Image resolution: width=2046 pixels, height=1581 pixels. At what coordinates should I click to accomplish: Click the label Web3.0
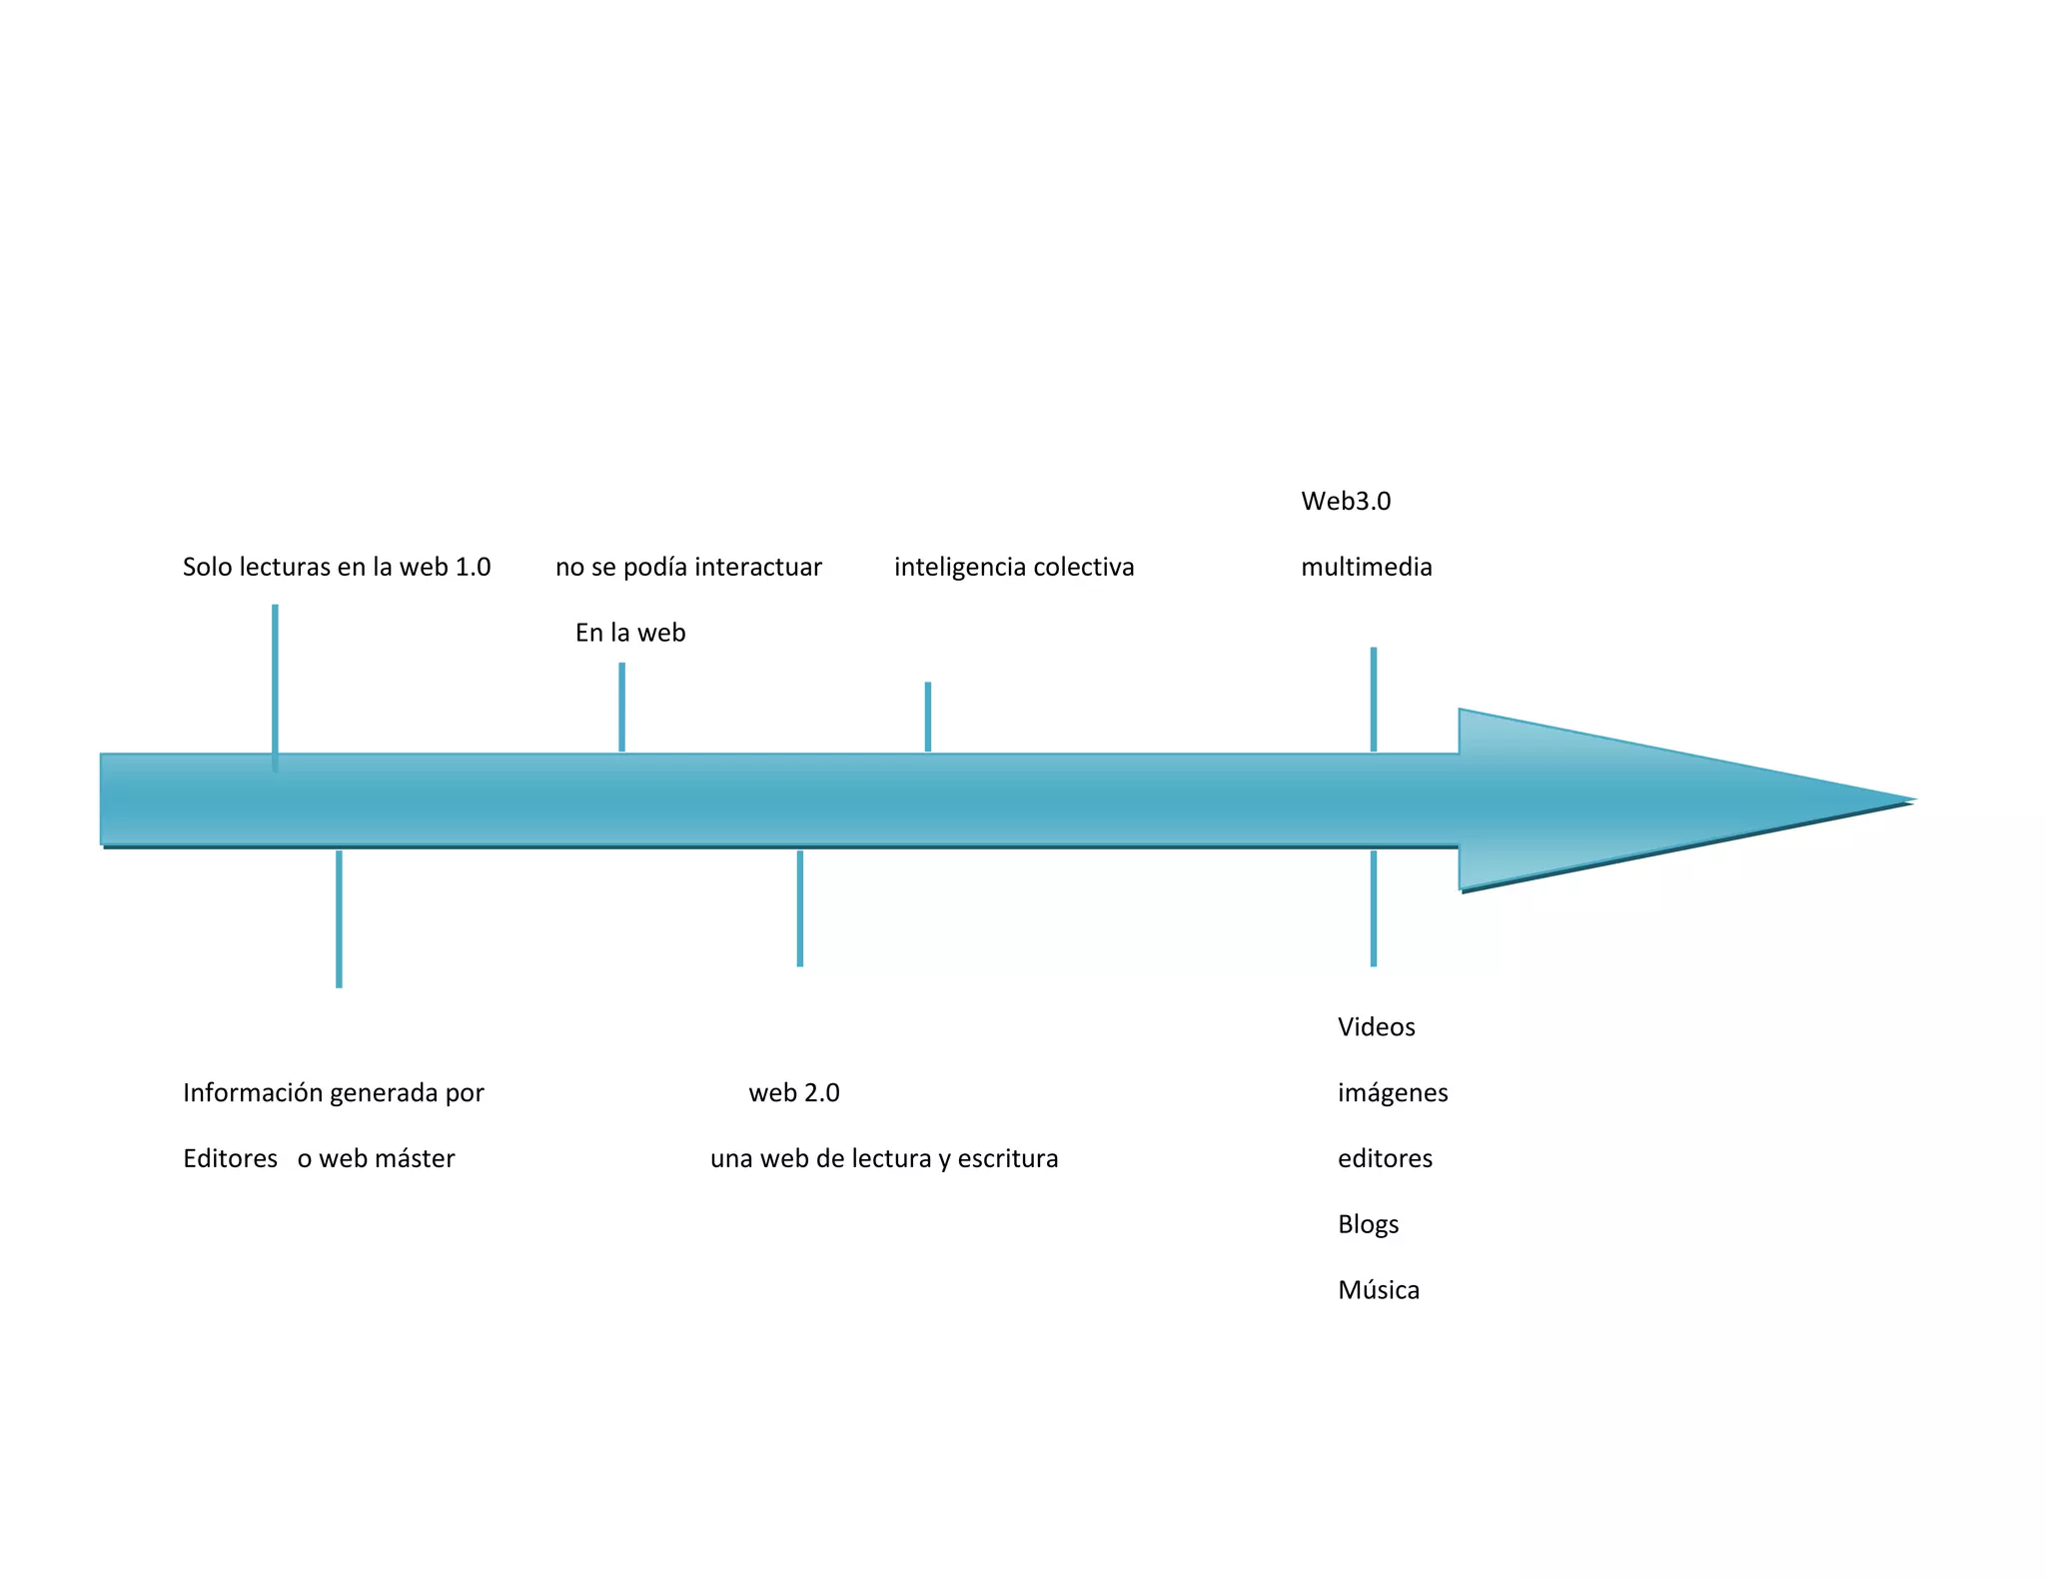click(1345, 501)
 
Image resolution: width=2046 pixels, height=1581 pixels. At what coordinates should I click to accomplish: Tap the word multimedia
click(1366, 567)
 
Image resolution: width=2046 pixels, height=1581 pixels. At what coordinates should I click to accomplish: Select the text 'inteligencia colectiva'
click(1013, 567)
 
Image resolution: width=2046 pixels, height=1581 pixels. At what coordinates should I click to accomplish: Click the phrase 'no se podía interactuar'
click(688, 567)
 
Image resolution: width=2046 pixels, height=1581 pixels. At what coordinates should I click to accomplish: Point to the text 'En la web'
click(629, 633)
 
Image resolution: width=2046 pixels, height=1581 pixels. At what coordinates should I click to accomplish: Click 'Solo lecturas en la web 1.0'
click(336, 567)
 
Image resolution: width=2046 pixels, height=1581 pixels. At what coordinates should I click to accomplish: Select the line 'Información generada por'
click(333, 1092)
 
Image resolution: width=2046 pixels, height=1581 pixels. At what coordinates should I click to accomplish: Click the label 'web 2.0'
click(794, 1092)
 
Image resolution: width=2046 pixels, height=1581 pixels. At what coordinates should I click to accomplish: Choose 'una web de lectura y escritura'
click(883, 1158)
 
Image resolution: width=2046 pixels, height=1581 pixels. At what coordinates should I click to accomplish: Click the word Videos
click(1376, 1026)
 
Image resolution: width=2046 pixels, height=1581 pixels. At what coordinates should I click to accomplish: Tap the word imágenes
click(1392, 1092)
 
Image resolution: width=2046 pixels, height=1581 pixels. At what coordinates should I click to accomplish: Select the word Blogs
click(1368, 1224)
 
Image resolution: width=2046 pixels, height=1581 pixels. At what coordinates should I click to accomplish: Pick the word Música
click(1378, 1290)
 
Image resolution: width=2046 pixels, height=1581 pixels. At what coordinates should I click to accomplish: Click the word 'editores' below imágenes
click(1385, 1158)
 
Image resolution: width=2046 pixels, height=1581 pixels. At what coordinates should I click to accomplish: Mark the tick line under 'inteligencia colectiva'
click(928, 716)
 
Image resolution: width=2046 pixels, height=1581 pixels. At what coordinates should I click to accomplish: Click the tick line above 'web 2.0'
click(800, 907)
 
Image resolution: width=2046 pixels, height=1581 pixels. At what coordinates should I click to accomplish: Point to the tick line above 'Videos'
click(1374, 907)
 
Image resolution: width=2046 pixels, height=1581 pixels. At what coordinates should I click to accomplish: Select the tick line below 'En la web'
click(621, 707)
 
